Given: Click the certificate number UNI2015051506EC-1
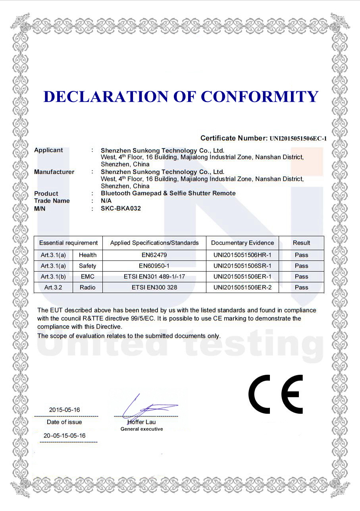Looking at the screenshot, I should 298,139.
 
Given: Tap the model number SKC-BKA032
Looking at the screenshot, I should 121,208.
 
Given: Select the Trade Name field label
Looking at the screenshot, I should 52,201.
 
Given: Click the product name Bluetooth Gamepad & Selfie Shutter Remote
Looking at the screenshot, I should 168,193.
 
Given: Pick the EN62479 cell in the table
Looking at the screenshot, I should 154,255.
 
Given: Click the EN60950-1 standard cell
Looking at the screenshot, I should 154,266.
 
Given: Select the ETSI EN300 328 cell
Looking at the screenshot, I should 154,287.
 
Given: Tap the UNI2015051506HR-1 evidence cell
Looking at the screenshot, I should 242,255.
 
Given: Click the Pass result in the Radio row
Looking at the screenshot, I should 301,287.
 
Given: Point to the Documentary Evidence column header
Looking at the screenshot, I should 242,243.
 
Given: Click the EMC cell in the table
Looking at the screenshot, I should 87,276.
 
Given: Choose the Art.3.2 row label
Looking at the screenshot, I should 53,287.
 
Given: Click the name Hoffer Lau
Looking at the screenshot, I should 142,422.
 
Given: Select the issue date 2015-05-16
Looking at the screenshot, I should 64,410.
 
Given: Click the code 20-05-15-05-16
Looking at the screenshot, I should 64,436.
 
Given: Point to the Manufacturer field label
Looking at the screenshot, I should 54,172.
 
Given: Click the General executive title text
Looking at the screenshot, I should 142,429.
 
